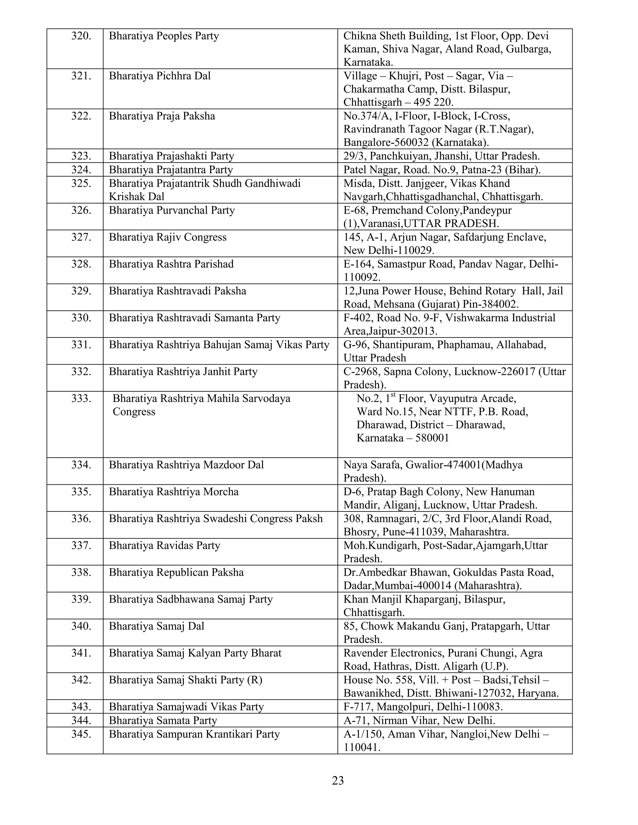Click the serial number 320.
81,36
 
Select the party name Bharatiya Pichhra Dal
159,76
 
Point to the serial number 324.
81,170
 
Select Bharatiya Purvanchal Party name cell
172,210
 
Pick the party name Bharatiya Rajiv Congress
167,237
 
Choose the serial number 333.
81,398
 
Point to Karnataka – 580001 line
402,438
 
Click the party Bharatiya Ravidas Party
164,545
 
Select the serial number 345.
81,734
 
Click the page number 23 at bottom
337,780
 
